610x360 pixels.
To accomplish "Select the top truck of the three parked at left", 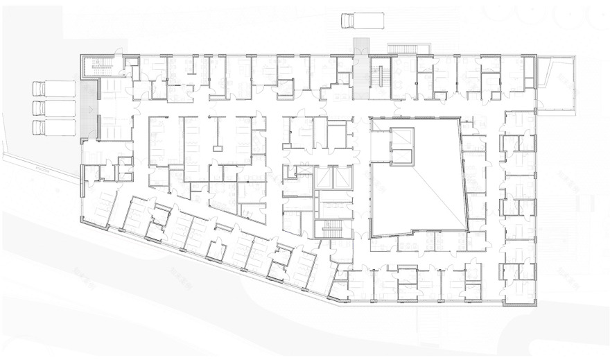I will click(x=53, y=89).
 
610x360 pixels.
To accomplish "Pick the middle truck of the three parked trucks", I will click(x=53, y=108).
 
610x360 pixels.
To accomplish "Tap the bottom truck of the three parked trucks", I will click(x=53, y=128).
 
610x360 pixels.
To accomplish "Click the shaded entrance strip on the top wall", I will click(x=360, y=48).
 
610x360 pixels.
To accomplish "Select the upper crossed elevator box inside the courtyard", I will click(x=401, y=137).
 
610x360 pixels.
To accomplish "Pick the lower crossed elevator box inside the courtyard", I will click(x=401, y=155).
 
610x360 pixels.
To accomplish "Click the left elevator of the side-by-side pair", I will click(x=324, y=179).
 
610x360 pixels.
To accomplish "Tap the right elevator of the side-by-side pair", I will click(x=342, y=179).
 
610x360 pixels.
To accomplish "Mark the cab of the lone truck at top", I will click(x=345, y=20).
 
